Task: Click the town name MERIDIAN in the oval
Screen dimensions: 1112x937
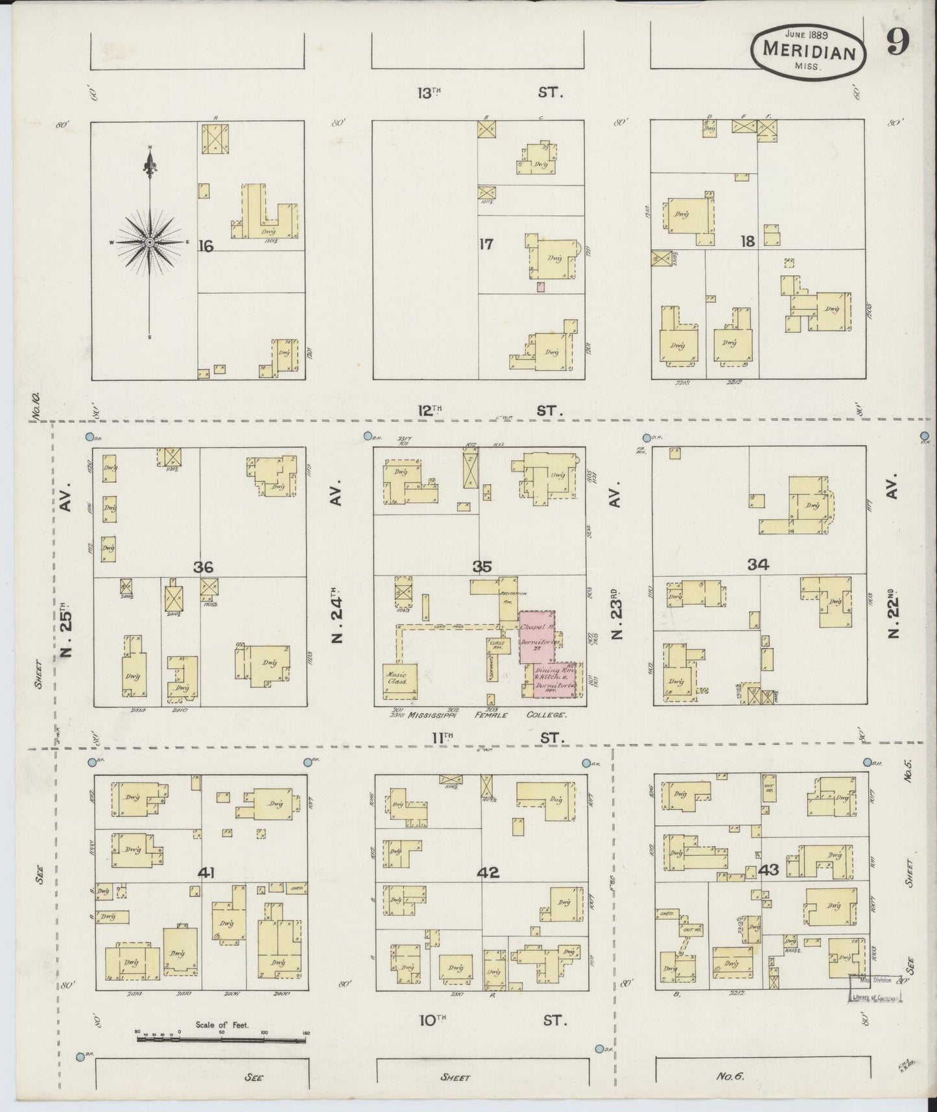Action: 809,50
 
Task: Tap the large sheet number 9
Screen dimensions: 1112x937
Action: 898,43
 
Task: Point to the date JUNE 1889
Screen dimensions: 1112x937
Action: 809,32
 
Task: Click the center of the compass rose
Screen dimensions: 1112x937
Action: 150,242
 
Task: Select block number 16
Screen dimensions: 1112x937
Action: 206,246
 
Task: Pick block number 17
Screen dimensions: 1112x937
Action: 486,244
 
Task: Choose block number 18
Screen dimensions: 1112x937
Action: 748,241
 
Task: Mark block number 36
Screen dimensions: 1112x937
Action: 203,567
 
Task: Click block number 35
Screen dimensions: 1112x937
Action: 482,566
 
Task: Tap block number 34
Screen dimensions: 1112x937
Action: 757,564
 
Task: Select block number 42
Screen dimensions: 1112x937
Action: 488,873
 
